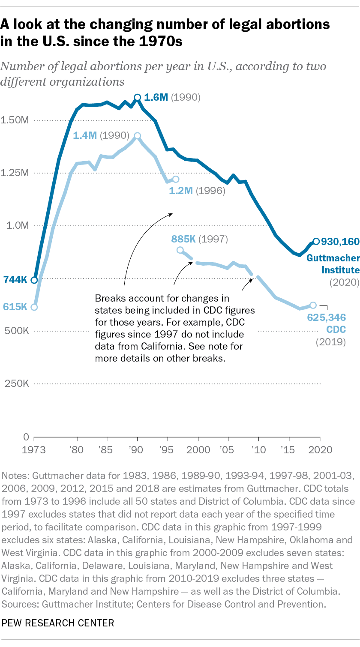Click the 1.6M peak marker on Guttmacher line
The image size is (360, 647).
tap(138, 98)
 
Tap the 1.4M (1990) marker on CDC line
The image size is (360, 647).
tap(138, 136)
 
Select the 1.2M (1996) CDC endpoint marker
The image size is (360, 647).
tap(175, 179)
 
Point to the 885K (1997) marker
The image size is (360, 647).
tap(180, 250)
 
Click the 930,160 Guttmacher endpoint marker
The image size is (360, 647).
tap(316, 241)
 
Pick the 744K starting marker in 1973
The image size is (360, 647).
tap(34, 280)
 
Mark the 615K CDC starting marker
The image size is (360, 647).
tap(34, 307)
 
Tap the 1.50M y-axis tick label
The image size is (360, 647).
tap(16, 120)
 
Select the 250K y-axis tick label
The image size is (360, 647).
tap(17, 383)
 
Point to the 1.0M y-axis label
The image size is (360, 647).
tap(18, 225)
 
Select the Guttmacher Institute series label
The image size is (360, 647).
tap(333, 264)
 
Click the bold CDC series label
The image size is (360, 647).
tap(337, 330)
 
